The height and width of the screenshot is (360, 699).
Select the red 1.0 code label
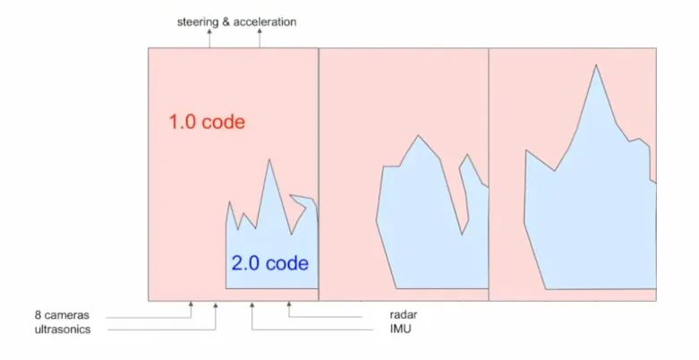[207, 123]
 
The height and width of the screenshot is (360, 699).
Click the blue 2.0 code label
[269, 264]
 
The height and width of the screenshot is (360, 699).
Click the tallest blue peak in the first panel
[269, 161]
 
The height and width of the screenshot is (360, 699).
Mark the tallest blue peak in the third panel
[594, 66]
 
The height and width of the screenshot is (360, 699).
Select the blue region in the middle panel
[421, 224]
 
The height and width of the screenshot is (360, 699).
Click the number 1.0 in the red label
[183, 123]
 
